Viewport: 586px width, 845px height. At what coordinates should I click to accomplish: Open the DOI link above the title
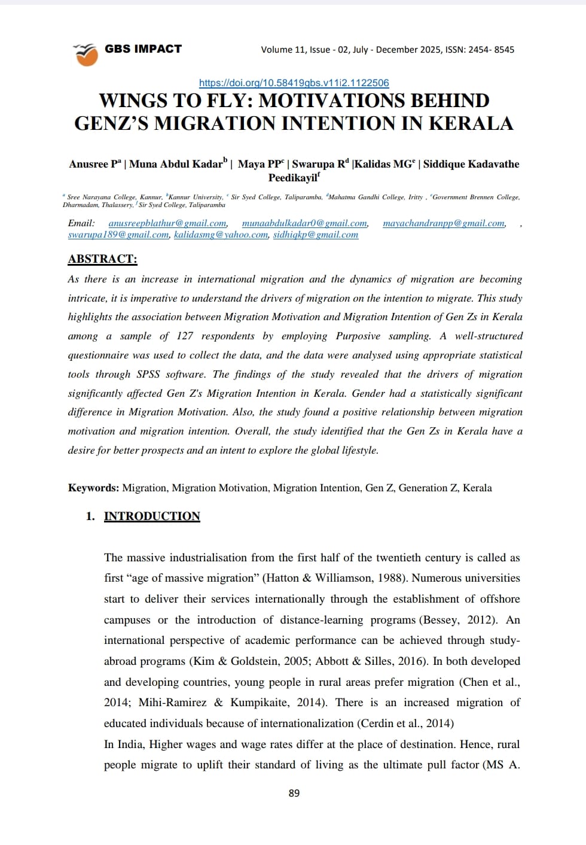coord(294,83)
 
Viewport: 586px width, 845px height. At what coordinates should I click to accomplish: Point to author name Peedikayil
coord(292,178)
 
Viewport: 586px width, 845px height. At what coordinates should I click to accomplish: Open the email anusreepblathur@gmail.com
coord(167,223)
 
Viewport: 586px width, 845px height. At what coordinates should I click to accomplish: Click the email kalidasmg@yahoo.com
coord(221,235)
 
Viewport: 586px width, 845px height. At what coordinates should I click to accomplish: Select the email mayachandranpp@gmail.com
coord(444,223)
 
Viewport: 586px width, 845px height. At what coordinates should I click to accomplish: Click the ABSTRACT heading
coord(102,259)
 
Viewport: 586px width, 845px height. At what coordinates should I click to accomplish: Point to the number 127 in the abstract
coord(185,336)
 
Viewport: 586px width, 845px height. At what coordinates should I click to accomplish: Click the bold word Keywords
coord(93,488)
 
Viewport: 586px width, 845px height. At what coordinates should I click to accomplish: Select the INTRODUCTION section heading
coord(152,516)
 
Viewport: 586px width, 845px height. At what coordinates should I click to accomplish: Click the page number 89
coord(294,793)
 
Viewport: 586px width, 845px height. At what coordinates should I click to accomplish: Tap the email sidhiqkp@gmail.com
coord(316,235)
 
